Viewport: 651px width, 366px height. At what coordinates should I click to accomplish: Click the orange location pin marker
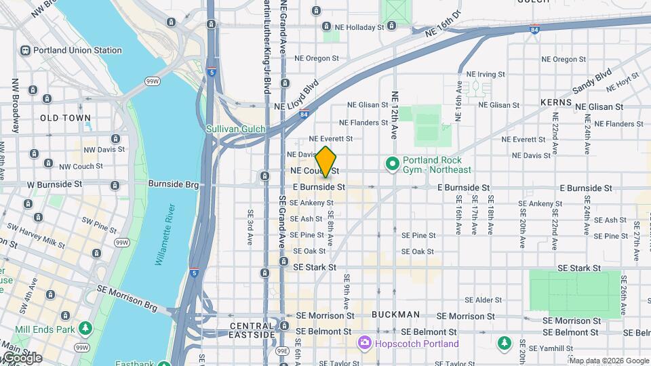tap(326, 161)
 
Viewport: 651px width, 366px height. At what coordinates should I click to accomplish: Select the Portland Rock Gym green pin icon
tap(391, 164)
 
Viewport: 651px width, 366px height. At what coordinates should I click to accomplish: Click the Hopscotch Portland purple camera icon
tap(365, 344)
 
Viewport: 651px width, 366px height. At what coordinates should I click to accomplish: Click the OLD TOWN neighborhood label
tap(65, 118)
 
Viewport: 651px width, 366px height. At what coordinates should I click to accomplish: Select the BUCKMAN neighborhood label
tap(396, 315)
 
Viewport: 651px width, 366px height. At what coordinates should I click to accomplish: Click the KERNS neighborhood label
tap(556, 102)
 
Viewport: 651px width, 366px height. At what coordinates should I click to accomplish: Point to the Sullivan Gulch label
tap(236, 129)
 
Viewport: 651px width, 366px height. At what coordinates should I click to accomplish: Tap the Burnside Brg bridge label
tap(173, 184)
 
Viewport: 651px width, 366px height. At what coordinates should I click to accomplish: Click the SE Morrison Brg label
tap(127, 299)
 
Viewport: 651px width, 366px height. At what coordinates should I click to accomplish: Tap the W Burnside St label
tap(54, 184)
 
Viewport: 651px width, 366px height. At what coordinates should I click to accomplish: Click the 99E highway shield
tap(283, 351)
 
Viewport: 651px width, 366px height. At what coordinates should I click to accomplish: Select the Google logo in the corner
tap(22, 358)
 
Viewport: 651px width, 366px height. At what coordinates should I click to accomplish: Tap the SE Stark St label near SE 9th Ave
tap(315, 268)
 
